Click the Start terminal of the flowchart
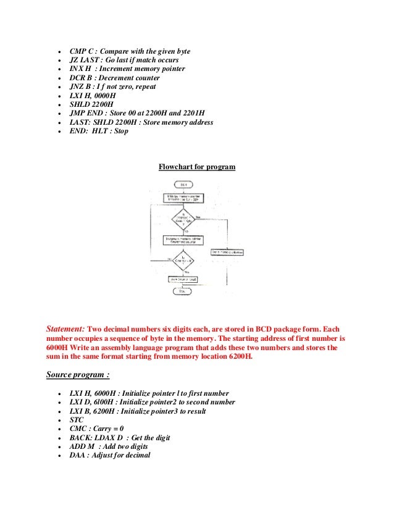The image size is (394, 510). click(184, 185)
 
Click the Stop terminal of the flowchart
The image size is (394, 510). click(184, 290)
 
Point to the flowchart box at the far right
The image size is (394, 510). click(227, 251)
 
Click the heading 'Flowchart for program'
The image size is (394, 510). click(196, 167)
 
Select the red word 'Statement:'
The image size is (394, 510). click(66, 329)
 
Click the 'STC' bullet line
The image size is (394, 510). click(77, 420)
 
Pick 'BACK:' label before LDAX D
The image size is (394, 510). click(81, 438)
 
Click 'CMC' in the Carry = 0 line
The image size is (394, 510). click(78, 428)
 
